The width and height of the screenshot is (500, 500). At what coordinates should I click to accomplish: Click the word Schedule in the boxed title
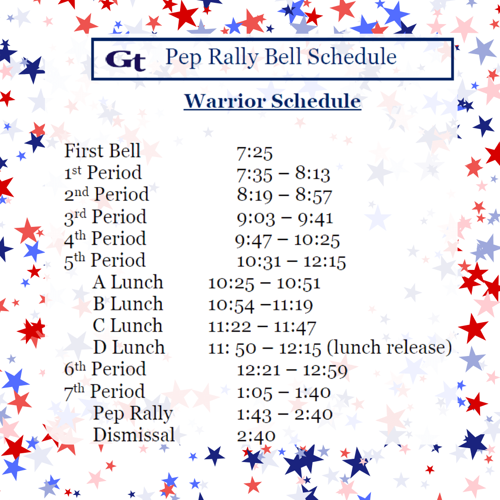352,56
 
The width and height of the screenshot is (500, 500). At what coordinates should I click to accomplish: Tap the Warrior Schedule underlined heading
272,101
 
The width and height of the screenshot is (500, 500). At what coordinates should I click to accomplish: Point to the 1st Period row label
103,173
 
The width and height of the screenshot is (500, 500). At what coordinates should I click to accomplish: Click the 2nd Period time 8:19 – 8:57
284,195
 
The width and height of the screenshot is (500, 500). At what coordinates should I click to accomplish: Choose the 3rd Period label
105,217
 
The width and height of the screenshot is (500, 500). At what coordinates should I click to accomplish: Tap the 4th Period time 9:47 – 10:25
287,240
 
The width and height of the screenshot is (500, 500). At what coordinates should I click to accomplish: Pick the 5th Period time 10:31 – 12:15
291,262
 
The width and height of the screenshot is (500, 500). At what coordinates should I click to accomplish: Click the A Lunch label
128,282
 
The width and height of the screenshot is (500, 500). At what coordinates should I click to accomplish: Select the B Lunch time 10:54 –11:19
260,305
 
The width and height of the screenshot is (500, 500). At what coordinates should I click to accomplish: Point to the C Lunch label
128,325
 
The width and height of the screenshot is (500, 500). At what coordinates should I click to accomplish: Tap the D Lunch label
129,347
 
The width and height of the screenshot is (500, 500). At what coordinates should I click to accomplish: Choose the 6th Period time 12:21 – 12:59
292,370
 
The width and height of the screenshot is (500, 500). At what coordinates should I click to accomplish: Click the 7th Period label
104,391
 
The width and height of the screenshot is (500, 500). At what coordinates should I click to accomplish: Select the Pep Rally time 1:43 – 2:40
284,413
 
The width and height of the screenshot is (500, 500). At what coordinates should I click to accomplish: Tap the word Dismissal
134,435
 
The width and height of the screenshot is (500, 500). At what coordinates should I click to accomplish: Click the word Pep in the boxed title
182,57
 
